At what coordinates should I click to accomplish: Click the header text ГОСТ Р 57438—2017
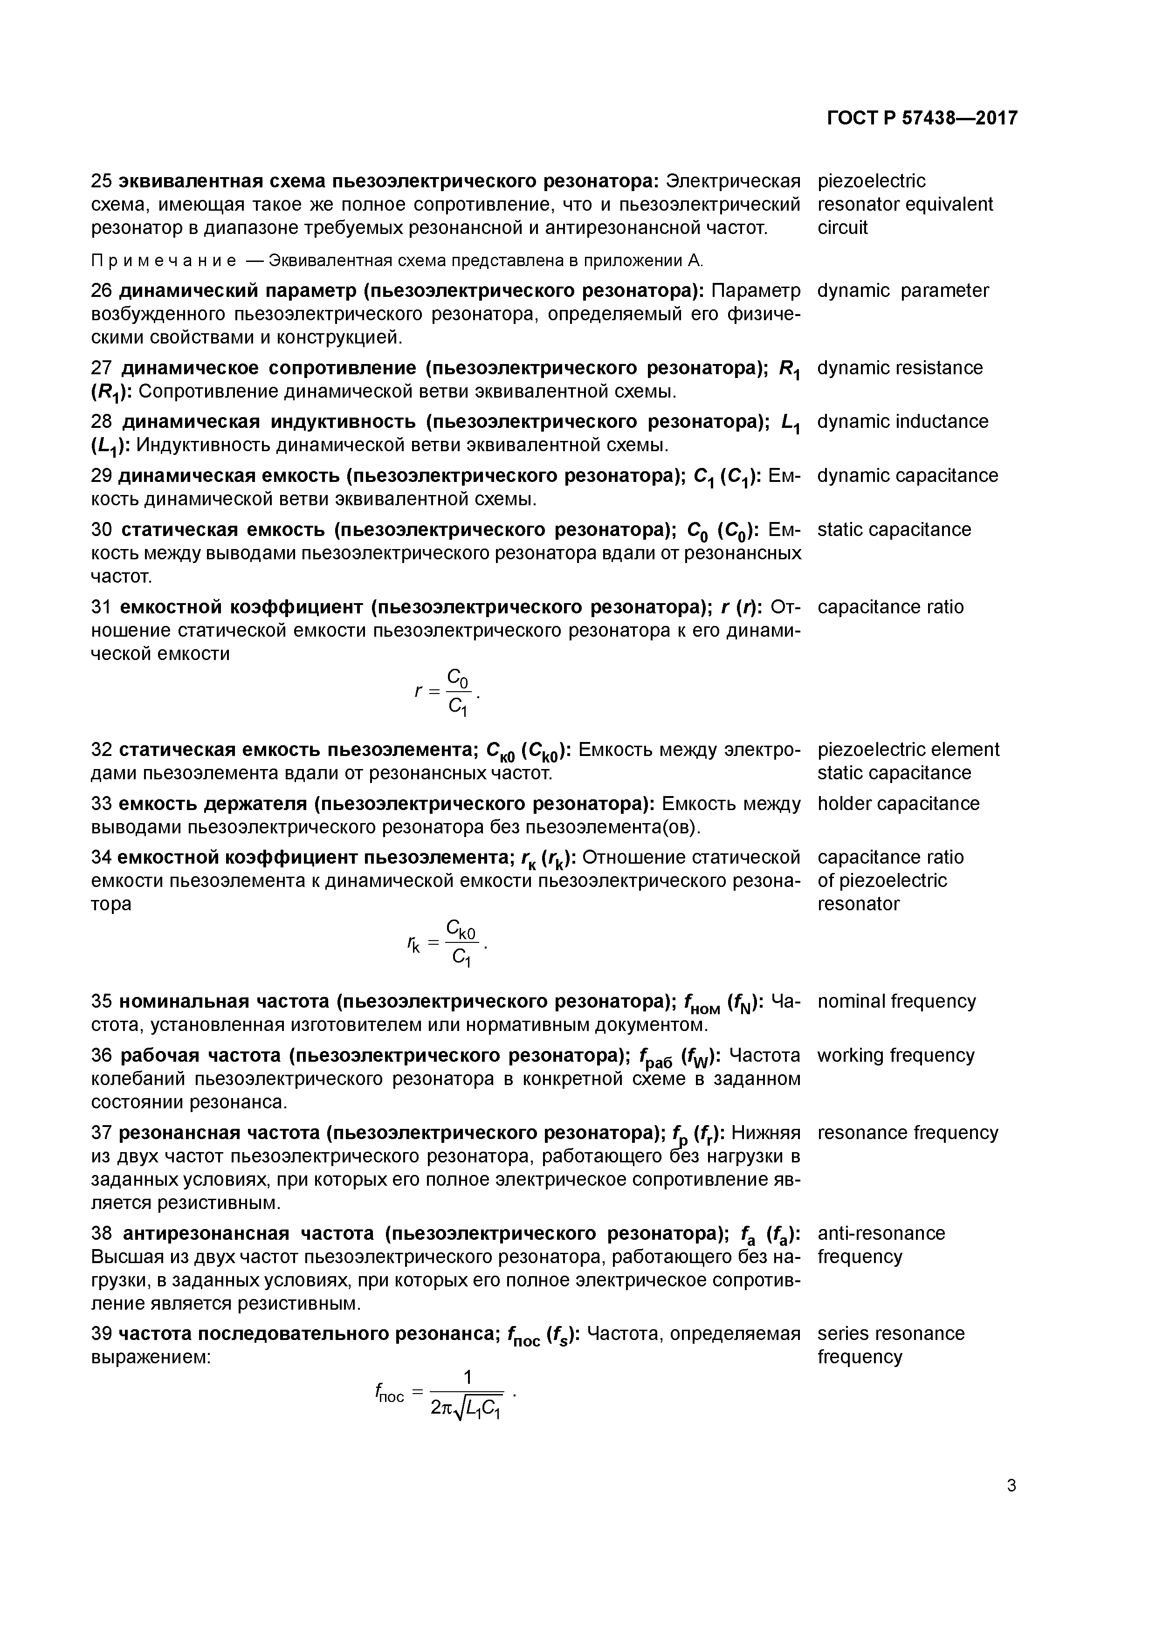pyautogui.click(x=922, y=118)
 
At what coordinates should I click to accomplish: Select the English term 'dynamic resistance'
pyautogui.click(x=900, y=367)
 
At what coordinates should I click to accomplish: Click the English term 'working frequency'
pyautogui.click(x=895, y=1055)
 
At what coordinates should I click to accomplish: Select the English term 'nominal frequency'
pyautogui.click(x=896, y=1001)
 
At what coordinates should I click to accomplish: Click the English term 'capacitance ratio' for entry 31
pyautogui.click(x=890, y=607)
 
